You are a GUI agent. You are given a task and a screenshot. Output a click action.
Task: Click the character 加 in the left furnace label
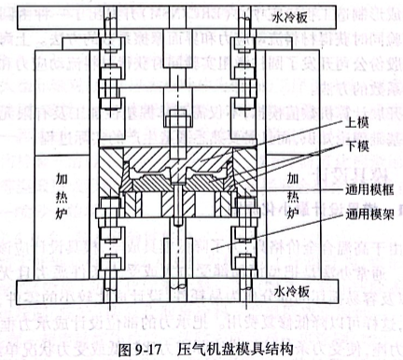click(61, 174)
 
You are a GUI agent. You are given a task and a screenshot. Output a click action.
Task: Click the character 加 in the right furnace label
click(293, 178)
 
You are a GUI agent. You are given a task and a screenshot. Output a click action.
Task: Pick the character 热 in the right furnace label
click(293, 196)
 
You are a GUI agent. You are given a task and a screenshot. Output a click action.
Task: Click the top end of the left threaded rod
click(108, 9)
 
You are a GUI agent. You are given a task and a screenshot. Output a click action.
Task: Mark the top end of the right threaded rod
click(246, 9)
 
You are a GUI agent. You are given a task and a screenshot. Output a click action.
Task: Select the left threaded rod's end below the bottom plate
click(108, 308)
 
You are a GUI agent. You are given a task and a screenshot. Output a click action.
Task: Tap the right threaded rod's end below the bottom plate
click(246, 308)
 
